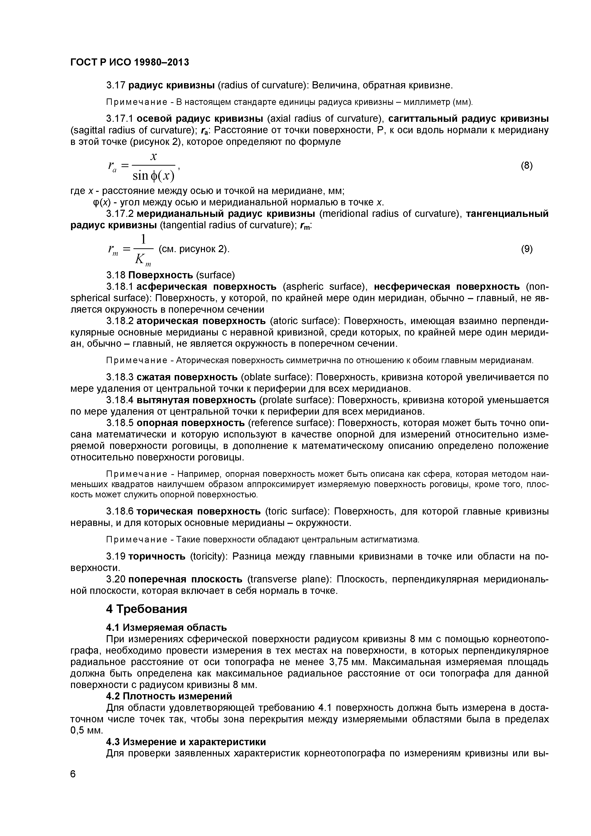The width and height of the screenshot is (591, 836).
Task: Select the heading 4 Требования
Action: (146, 609)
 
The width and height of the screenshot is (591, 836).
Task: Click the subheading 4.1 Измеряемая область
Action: (166, 627)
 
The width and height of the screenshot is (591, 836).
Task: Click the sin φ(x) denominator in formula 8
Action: (153, 176)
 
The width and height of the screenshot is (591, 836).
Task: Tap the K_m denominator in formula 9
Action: (142, 259)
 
